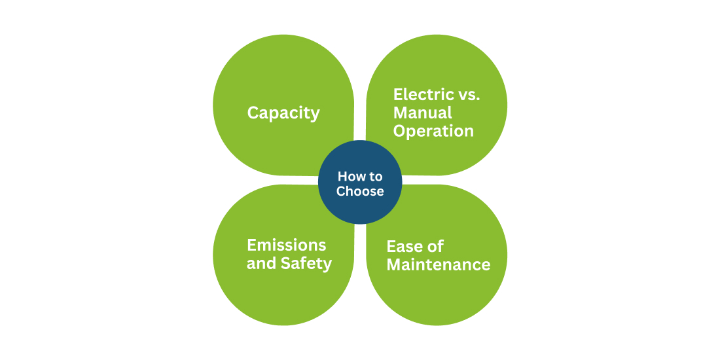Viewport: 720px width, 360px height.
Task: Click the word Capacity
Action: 283,113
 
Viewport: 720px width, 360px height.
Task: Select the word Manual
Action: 423,113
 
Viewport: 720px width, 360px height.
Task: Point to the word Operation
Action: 433,132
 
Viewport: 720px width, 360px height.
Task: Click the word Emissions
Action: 287,245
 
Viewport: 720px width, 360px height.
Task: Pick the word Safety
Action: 306,264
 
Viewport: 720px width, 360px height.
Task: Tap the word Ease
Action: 405,247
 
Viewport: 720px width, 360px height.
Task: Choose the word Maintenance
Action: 439,265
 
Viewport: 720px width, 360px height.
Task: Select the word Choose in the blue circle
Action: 360,191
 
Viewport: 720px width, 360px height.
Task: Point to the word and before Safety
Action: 262,264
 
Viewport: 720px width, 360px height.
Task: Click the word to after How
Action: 374,177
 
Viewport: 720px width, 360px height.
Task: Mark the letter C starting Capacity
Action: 253,113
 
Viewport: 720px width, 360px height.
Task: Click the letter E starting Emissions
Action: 251,245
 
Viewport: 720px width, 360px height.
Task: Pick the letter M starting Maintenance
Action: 395,265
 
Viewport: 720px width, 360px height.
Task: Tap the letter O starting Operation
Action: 400,131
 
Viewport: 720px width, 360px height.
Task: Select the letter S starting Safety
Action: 286,264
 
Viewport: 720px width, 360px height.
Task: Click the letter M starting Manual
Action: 401,113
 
